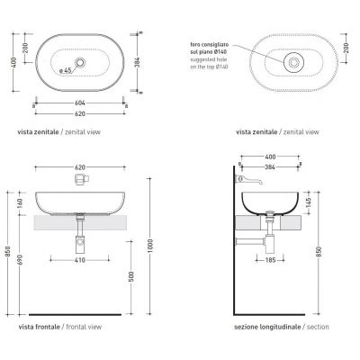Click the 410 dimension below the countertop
[x=79, y=261]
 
